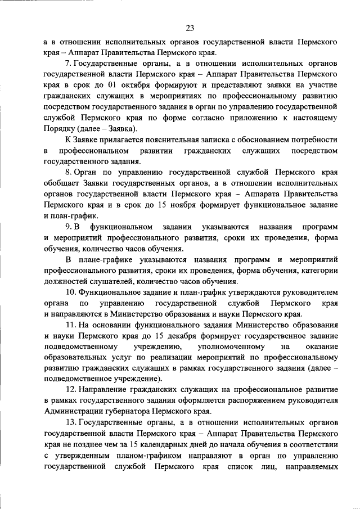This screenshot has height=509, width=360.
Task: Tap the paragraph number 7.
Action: point(67,64)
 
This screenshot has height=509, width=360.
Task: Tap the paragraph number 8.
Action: point(67,170)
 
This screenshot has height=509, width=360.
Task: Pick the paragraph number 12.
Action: point(70,390)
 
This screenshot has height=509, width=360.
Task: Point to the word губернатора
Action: point(118,411)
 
